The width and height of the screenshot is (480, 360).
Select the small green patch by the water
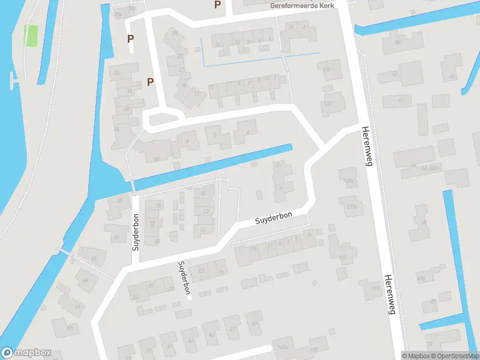pos(30,36)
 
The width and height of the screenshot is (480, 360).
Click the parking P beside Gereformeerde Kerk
pos(217,5)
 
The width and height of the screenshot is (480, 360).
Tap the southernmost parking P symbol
pos(151,82)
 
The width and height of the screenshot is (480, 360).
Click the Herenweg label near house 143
pos(389,294)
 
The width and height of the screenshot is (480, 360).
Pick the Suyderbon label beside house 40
pos(136,231)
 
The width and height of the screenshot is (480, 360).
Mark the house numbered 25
pos(175,33)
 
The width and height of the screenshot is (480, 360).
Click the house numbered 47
pos(232,329)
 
